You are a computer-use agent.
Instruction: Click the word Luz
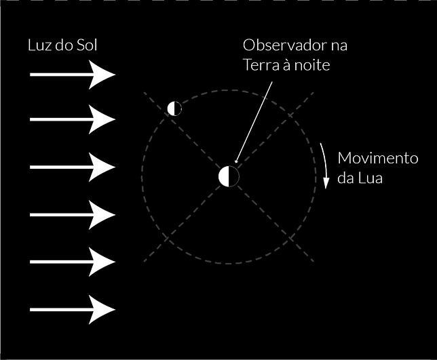[x=39, y=45]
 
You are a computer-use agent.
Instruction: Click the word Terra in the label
[x=261, y=65]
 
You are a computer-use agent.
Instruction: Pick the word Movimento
[x=378, y=158]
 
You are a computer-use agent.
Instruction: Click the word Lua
[x=370, y=178]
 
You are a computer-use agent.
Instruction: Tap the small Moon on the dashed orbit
[x=174, y=108]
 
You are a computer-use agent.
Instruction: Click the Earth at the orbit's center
[x=229, y=176]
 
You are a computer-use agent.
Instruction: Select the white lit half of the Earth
[x=224, y=176]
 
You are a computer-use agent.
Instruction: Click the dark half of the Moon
[x=178, y=108]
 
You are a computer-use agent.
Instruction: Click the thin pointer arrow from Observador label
[x=254, y=122]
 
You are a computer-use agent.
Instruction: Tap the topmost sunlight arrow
[x=73, y=75]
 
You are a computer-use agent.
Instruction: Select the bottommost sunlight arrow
[x=73, y=310]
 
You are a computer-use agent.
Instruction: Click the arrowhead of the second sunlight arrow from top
[x=102, y=119]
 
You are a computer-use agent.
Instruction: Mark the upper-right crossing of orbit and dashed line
[x=290, y=115]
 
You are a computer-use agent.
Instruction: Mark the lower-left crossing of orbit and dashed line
[x=167, y=239]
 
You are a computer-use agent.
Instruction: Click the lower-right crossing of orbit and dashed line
[x=291, y=239]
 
